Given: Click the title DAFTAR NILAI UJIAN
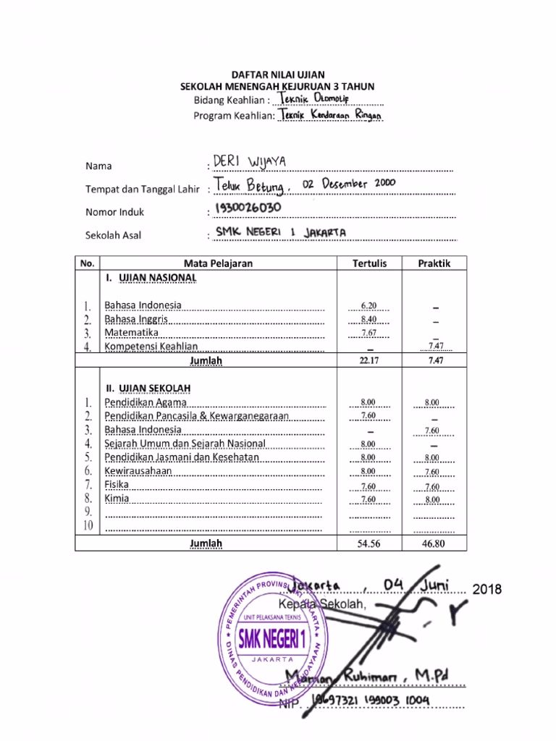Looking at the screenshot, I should [x=278, y=75].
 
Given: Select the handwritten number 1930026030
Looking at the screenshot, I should [x=243, y=209].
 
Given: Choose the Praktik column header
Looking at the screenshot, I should [x=434, y=263].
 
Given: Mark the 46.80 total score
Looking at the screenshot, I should [x=434, y=543].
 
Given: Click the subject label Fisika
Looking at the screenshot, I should [x=117, y=485].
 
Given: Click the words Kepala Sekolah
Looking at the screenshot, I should [x=327, y=604].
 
